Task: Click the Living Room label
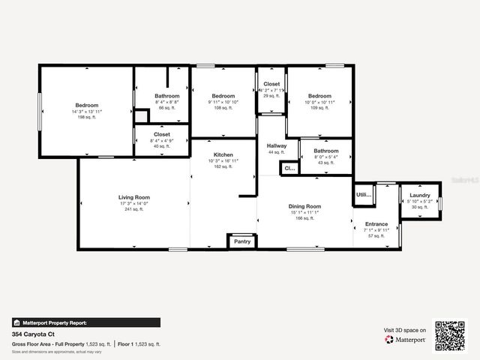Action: point(133,197)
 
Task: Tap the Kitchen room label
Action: point(223,154)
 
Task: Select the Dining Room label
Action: point(304,206)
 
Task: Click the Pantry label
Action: point(242,241)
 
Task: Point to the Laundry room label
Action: point(420,196)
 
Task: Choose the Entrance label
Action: point(376,223)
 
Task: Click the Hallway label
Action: point(277,145)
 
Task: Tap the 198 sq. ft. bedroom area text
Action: point(86,118)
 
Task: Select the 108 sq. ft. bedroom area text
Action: point(223,108)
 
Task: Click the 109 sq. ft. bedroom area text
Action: point(319,108)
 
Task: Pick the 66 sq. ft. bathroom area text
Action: point(166,108)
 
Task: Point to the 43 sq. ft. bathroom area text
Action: point(325,163)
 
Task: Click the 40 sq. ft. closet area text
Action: point(162,146)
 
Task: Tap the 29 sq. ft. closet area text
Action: point(271,96)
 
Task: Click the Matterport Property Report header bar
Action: point(85,322)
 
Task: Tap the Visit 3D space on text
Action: point(405,330)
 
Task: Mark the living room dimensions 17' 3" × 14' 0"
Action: point(133,203)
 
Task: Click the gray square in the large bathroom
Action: point(141,117)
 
